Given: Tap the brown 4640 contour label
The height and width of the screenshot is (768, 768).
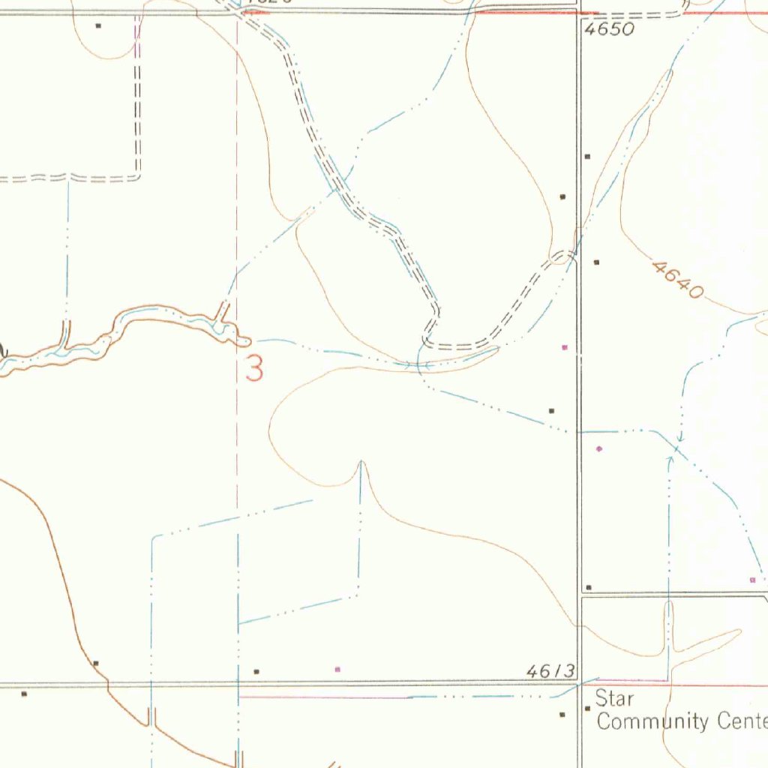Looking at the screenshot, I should [678, 280].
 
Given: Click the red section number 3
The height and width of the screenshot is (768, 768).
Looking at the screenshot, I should [255, 369].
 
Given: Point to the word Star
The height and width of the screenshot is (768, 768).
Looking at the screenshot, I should [614, 700].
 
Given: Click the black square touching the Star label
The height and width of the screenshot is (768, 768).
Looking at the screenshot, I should [587, 708].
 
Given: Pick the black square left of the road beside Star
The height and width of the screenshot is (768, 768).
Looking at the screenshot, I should [562, 715].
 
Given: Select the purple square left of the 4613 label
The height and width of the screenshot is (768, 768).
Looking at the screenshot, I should [337, 668].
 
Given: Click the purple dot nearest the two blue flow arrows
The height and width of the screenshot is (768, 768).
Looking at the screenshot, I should [598, 448].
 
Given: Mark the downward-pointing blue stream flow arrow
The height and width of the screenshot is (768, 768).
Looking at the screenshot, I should [680, 439].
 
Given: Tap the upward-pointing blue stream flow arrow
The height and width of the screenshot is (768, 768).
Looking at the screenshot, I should [670, 458].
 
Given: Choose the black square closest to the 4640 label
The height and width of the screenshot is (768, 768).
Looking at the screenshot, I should [596, 262].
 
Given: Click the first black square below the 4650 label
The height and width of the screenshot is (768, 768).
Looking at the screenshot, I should [587, 156].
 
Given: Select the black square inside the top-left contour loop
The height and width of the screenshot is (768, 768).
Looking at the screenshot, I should [98, 25].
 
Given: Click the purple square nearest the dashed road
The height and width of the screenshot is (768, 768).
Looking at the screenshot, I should [565, 347].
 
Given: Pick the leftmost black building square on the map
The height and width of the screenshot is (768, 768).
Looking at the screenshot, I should [24, 694].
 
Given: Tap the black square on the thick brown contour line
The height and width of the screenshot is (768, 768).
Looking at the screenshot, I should [95, 663].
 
